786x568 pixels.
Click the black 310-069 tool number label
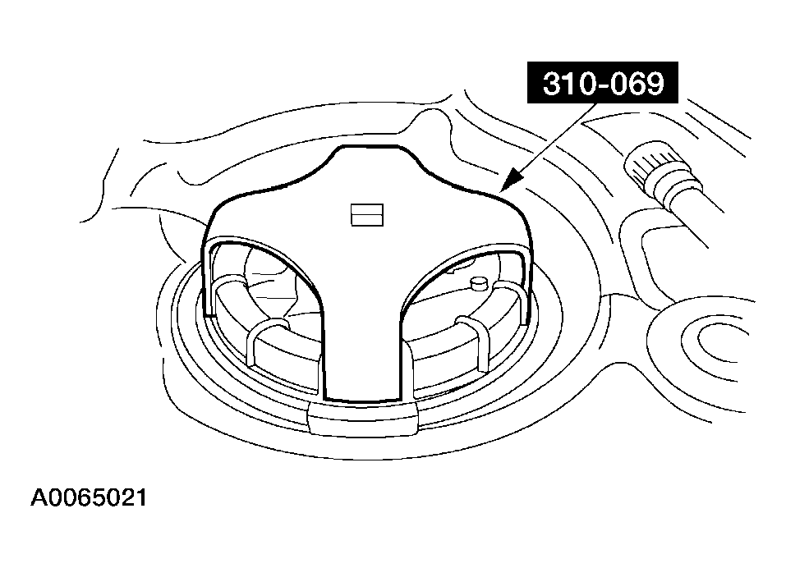coord(603,83)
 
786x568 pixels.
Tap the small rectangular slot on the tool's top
coord(367,215)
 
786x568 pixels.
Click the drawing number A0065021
coord(89,498)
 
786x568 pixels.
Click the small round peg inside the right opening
coord(479,283)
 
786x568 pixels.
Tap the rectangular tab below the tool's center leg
coord(363,419)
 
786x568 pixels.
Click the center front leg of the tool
coord(363,350)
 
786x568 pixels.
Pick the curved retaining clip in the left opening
coord(269,341)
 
